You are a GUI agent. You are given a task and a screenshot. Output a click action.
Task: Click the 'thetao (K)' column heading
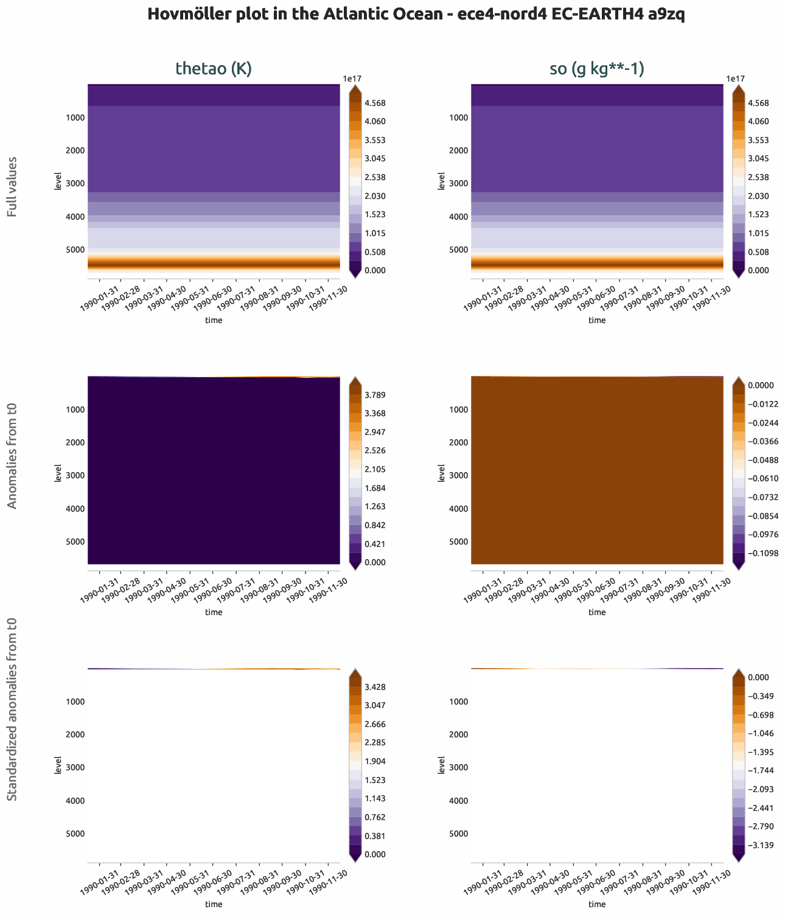(214, 69)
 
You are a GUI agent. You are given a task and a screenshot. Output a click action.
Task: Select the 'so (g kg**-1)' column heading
(597, 69)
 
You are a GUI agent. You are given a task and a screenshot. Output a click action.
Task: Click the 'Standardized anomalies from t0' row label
(12, 709)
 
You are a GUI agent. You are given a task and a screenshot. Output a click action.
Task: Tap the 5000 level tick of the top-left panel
(76, 249)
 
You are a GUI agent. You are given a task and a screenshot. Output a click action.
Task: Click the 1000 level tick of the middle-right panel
(459, 409)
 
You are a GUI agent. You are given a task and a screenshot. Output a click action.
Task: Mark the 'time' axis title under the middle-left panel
(214, 612)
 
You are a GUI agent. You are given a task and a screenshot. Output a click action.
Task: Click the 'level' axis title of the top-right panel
(441, 181)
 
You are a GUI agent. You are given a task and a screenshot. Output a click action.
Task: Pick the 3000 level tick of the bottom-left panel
(76, 768)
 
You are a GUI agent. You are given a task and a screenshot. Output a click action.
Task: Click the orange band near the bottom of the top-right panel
(597, 262)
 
